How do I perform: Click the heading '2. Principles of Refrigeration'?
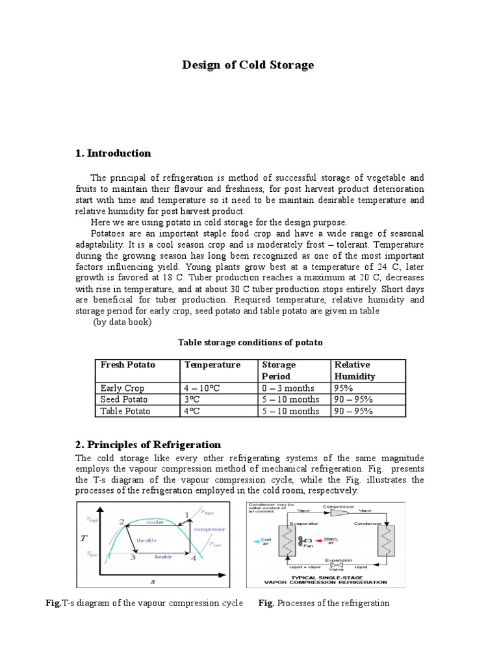pos(148,445)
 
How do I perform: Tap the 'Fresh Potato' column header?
pos(128,365)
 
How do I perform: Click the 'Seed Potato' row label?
pos(124,399)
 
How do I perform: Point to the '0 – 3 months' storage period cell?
pos(287,388)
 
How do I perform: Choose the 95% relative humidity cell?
pos(344,388)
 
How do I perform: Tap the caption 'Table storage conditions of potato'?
pos(250,342)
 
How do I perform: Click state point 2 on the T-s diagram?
pos(121,522)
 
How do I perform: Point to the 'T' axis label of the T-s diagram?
pos(84,538)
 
